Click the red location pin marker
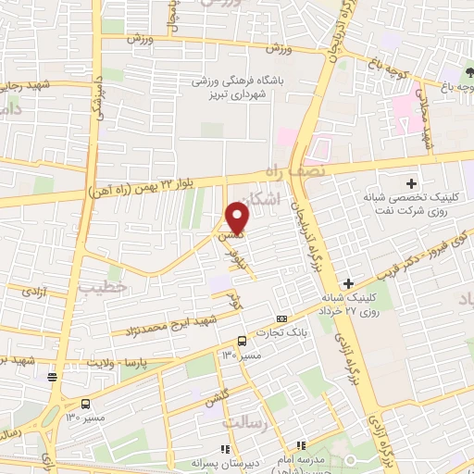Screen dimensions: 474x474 coord(237,218)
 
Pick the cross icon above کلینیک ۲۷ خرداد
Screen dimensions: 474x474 coord(349,282)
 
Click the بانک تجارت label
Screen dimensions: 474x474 coord(294,334)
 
